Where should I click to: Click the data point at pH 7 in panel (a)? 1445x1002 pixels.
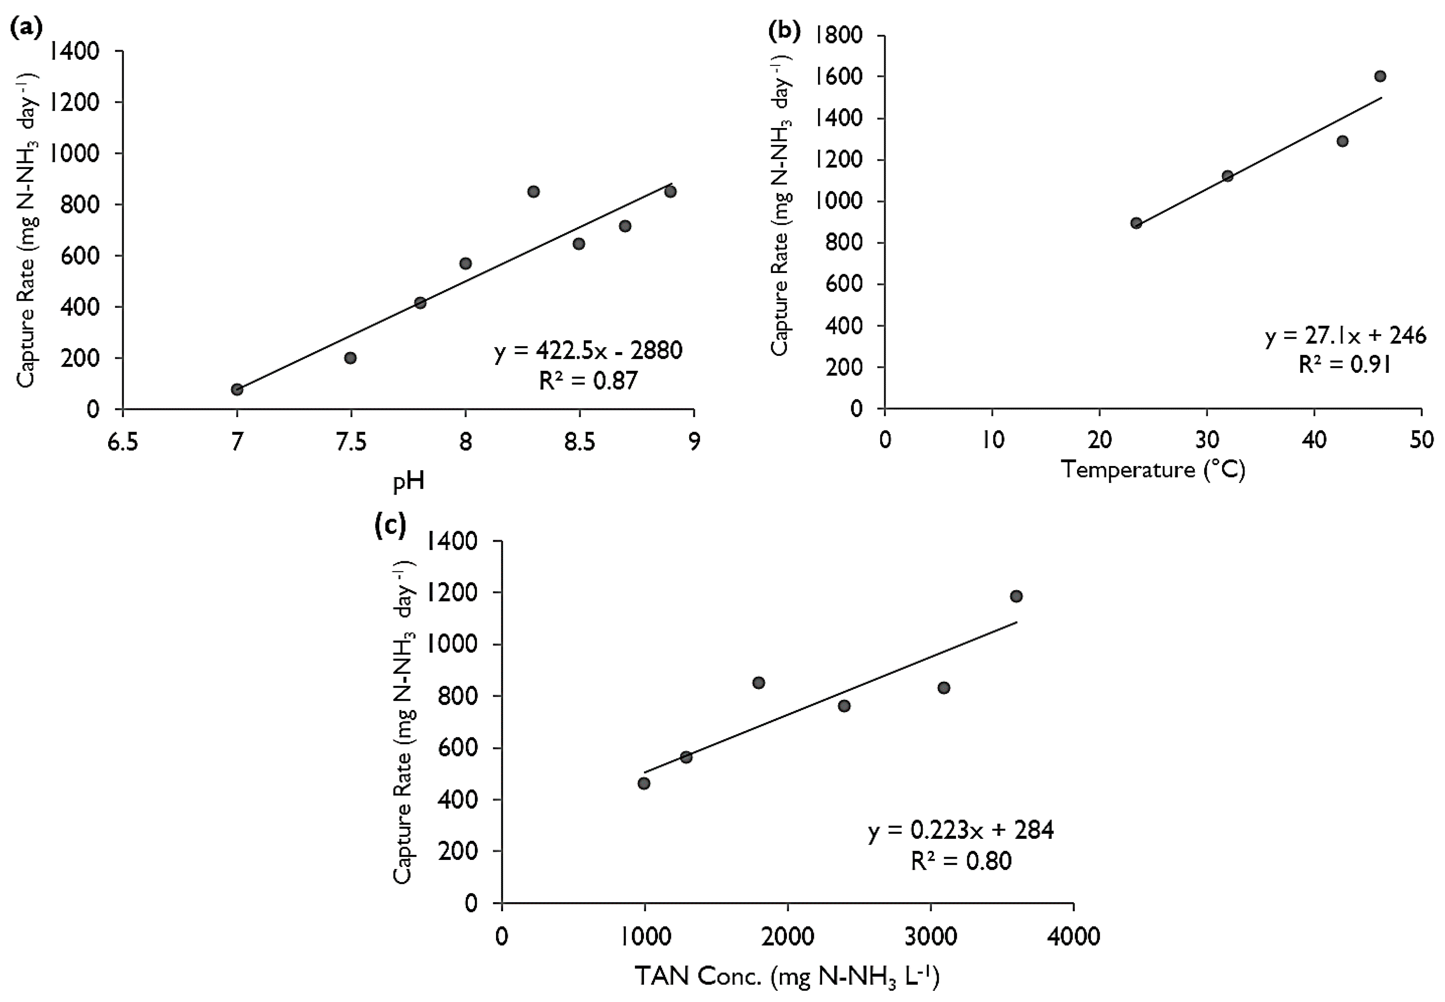pos(237,389)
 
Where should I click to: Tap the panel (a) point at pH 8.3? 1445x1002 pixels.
pos(533,191)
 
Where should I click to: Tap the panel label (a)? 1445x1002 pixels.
pos(27,28)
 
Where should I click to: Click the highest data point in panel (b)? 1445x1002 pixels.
pos(1380,76)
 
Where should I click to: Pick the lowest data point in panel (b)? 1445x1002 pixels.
pos(1136,223)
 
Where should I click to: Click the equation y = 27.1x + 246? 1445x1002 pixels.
pos(1345,336)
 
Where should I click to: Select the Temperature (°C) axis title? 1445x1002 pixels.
pos(1153,470)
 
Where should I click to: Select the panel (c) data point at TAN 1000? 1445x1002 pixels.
pos(644,783)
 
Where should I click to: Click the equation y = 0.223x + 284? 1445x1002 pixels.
pos(961,831)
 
